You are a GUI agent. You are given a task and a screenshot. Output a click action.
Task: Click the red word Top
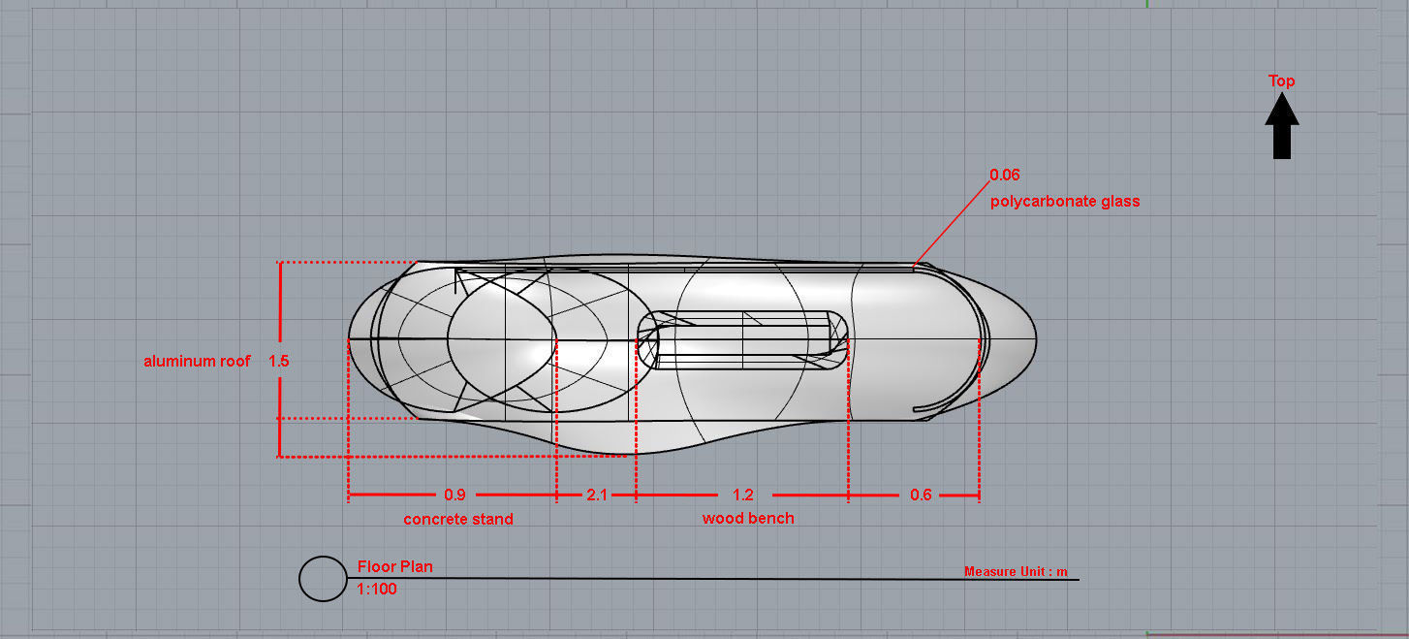tap(1282, 80)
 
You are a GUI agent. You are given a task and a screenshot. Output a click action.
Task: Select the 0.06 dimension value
tap(1004, 176)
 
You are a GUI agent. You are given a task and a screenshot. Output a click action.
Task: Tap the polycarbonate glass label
tap(1065, 202)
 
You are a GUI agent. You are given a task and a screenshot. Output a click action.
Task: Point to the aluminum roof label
tap(197, 361)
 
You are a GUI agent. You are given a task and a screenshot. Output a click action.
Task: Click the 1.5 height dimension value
tap(279, 361)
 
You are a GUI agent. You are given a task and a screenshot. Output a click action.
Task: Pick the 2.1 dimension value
tap(596, 495)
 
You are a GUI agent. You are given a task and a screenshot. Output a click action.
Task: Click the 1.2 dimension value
tap(743, 495)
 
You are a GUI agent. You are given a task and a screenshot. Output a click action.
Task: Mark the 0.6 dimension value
tap(921, 495)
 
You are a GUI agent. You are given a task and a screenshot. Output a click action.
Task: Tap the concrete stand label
tap(458, 519)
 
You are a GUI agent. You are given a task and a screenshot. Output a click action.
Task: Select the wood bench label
tap(748, 518)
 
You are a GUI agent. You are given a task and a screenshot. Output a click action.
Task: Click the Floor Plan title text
tap(395, 566)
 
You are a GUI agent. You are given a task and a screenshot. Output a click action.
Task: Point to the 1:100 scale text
tap(377, 589)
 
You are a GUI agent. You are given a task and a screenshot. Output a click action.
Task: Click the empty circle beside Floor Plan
tap(323, 579)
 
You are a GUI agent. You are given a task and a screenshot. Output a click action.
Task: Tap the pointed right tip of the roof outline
tap(1035, 339)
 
